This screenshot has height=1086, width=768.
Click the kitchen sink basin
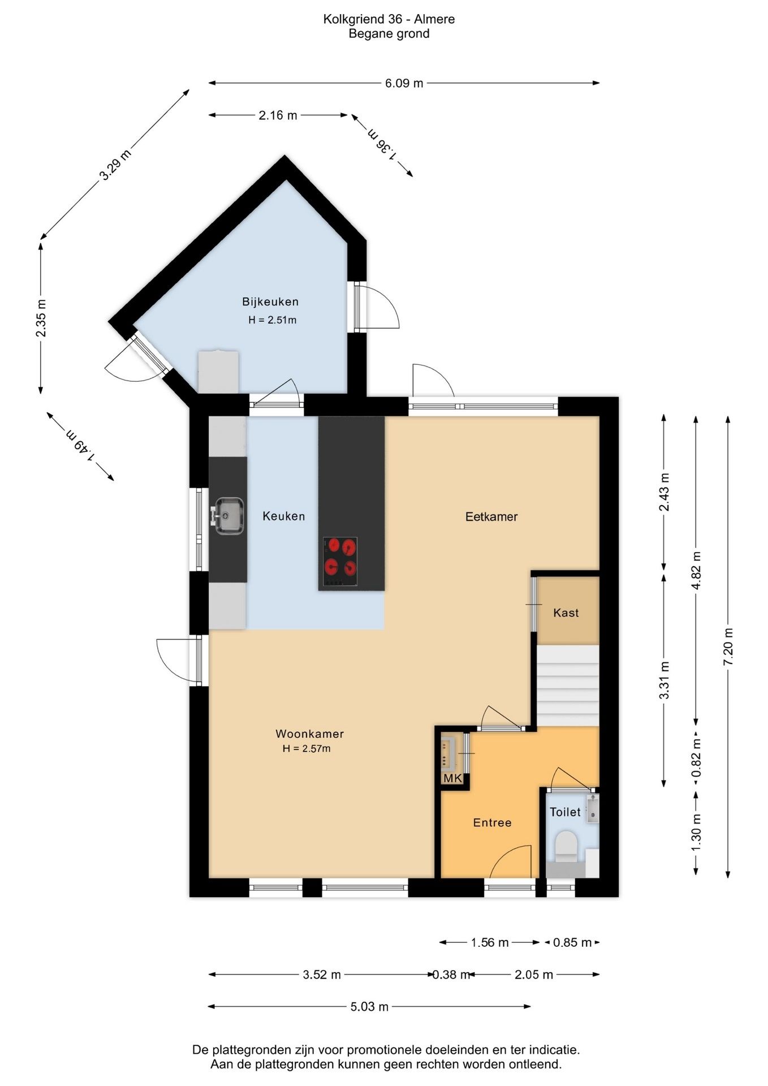pyautogui.click(x=228, y=515)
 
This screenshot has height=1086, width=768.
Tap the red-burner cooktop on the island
pyautogui.click(x=340, y=561)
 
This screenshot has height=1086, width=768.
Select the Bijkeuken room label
pyautogui.click(x=270, y=302)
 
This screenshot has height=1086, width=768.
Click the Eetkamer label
pyautogui.click(x=491, y=516)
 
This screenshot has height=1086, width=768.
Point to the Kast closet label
pyautogui.click(x=566, y=613)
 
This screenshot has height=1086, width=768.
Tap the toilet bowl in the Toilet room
pyautogui.click(x=566, y=846)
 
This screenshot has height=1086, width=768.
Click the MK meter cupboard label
pyautogui.click(x=452, y=778)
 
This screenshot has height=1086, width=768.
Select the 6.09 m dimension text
pyautogui.click(x=404, y=83)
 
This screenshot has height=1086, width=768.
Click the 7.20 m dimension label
pyautogui.click(x=728, y=647)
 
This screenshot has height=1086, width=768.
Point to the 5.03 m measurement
pyautogui.click(x=369, y=1006)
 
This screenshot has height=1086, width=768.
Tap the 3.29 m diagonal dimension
pyautogui.click(x=115, y=164)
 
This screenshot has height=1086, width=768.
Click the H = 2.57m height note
pyautogui.click(x=307, y=748)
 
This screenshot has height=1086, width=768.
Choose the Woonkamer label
pyautogui.click(x=310, y=734)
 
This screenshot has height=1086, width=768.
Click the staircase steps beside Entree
pyautogui.click(x=567, y=686)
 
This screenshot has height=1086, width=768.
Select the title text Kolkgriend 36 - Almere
pyautogui.click(x=389, y=19)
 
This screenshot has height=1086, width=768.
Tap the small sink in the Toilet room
pyautogui.click(x=592, y=808)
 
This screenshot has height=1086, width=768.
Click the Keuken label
pyautogui.click(x=284, y=516)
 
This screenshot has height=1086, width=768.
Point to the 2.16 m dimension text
pyautogui.click(x=278, y=115)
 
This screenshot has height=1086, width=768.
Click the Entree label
pyautogui.click(x=493, y=822)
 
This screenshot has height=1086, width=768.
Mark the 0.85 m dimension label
pyautogui.click(x=572, y=942)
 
